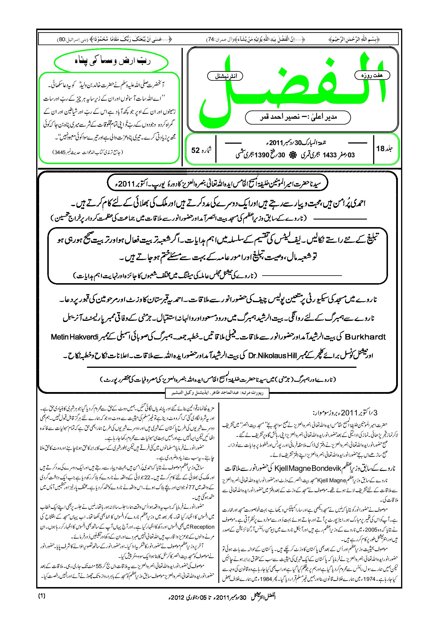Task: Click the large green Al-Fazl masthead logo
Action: coord(292,88)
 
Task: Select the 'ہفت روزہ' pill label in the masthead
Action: coord(372,75)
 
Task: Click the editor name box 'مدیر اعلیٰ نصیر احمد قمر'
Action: coord(298,117)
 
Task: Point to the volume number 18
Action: coord(380,149)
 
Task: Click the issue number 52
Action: coord(195,150)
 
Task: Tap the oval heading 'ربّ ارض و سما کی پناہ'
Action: coord(111,62)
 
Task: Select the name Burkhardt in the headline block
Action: coord(365,337)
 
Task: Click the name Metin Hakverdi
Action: coord(74,337)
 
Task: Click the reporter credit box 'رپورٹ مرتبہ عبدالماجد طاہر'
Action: coord(217,393)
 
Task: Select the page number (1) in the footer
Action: coord(42,596)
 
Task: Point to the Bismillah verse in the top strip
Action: coord(354,39)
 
